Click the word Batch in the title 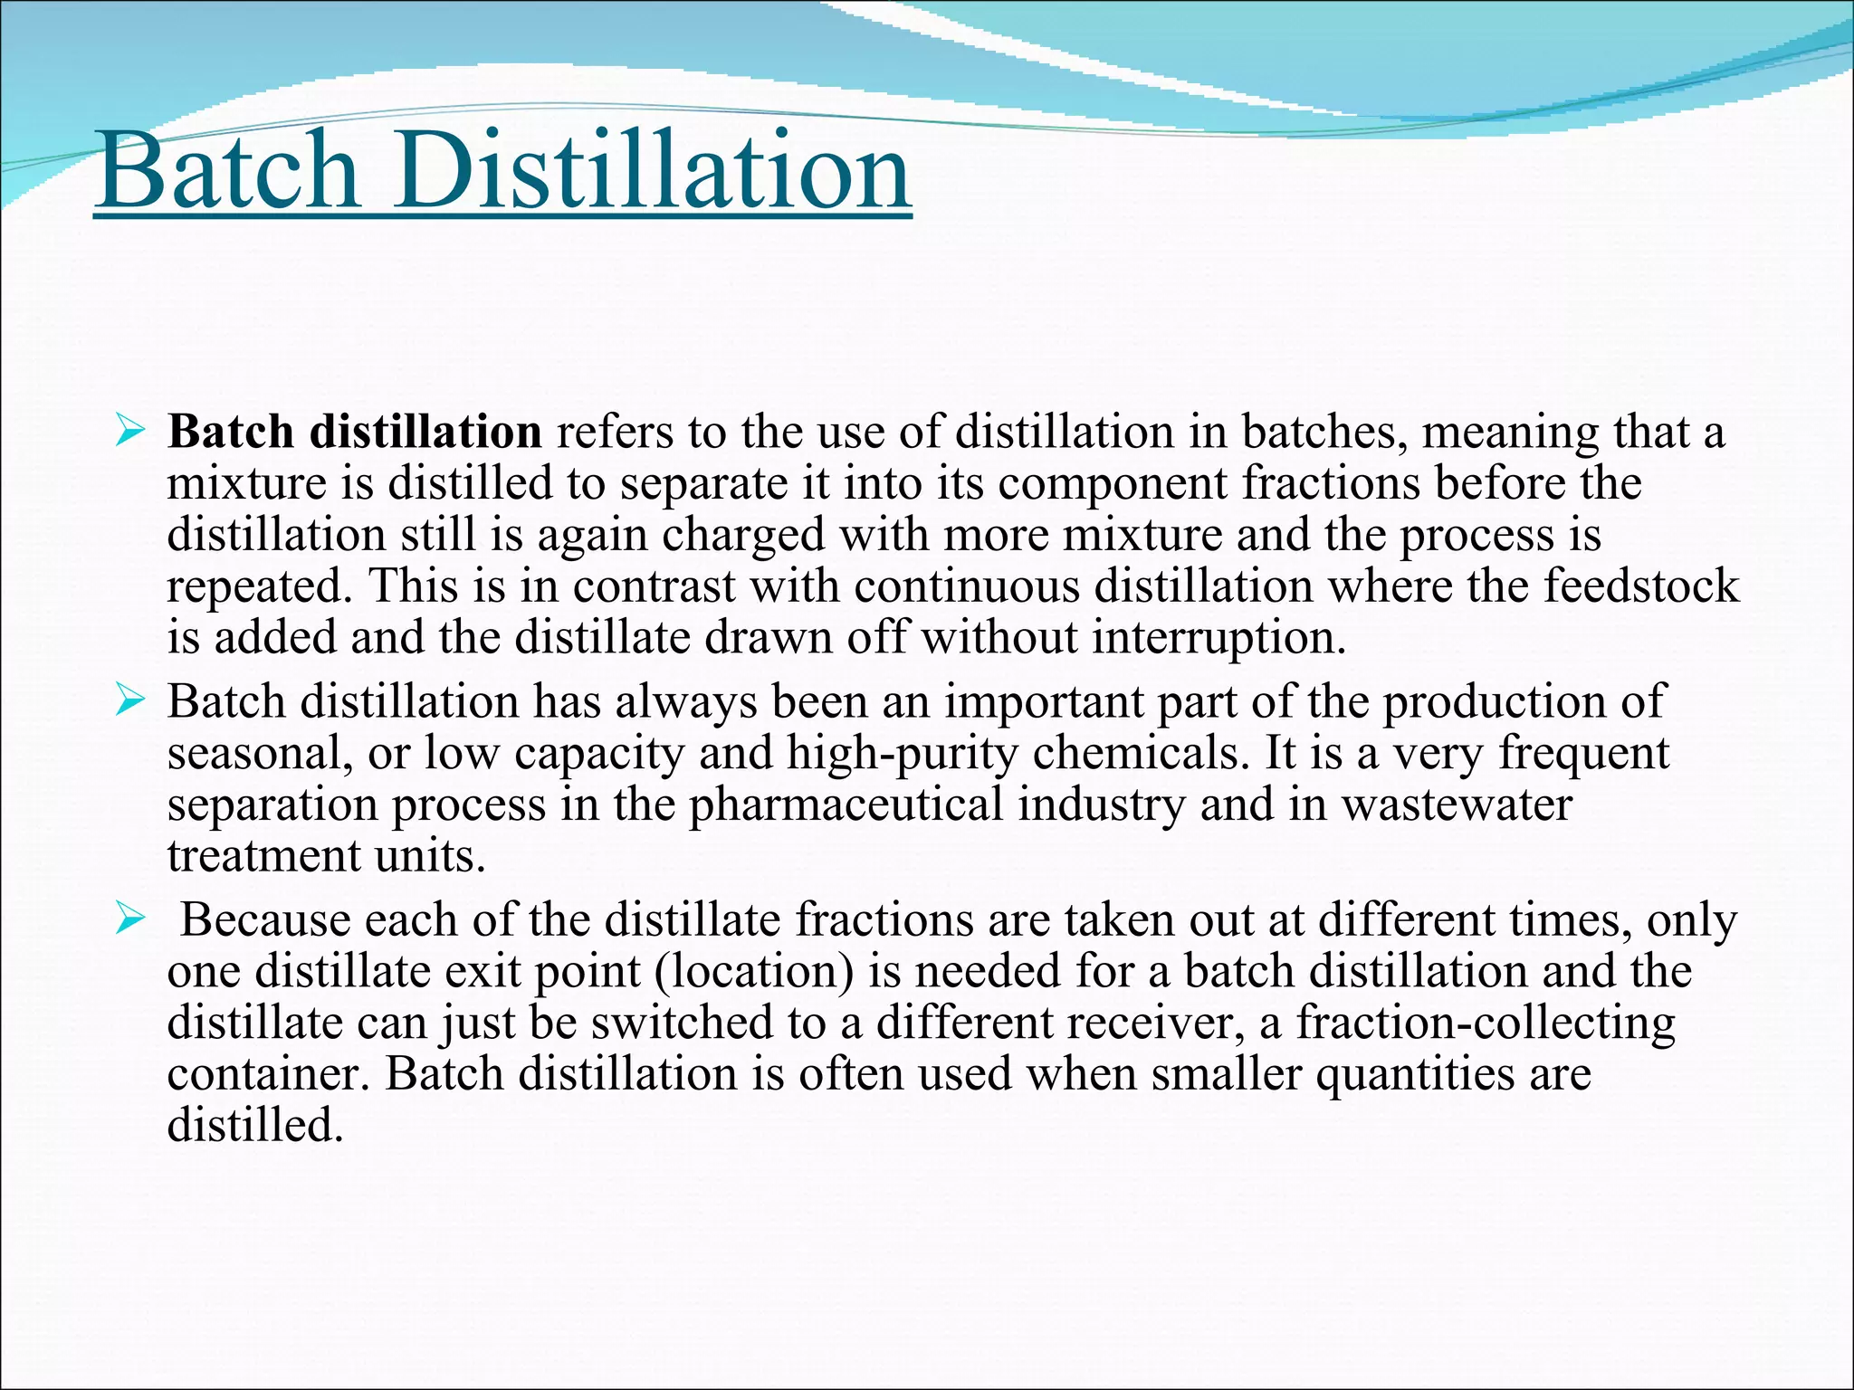(230, 170)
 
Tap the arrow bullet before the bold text (130, 432)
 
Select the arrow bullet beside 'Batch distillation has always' (130, 701)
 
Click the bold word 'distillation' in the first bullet (425, 432)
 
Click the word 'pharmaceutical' (846, 805)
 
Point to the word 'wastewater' (1457, 805)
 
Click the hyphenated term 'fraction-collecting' (1486, 1023)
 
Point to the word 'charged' (742, 535)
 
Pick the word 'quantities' (1408, 1075)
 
